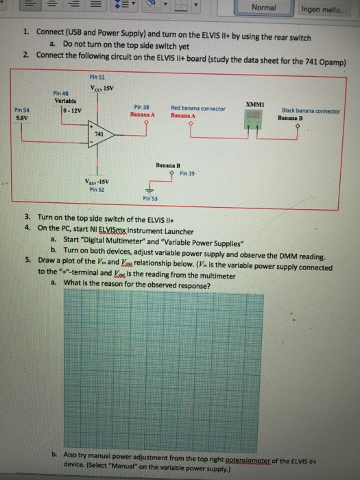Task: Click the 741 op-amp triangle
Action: pos(98,134)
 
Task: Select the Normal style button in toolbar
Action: pos(264,8)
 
